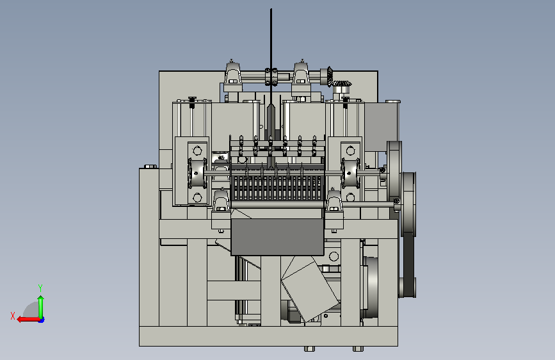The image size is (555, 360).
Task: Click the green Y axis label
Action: pyautogui.click(x=40, y=288)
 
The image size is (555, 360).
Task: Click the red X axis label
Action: pyautogui.click(x=13, y=316)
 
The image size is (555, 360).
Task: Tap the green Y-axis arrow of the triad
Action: pyautogui.click(x=41, y=307)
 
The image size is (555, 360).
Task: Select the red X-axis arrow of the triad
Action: pyautogui.click(x=28, y=320)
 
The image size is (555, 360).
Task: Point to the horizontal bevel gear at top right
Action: pyautogui.click(x=340, y=84)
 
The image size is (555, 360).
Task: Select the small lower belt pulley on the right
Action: pyautogui.click(x=406, y=287)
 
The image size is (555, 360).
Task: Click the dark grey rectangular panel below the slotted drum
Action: pyautogui.click(x=277, y=237)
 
